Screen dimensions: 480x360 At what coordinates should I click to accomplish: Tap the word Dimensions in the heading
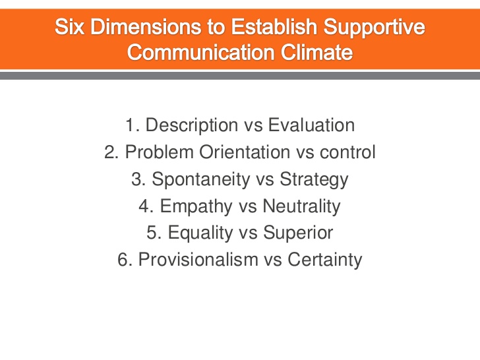click(146, 26)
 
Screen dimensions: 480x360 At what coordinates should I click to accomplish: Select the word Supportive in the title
click(374, 28)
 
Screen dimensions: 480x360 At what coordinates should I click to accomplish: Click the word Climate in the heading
click(316, 52)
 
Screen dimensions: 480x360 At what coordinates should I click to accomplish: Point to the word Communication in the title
click(200, 52)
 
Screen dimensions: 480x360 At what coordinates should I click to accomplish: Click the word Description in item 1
click(191, 126)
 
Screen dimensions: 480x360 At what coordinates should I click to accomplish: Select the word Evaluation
click(311, 125)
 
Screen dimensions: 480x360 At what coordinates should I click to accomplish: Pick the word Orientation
click(245, 152)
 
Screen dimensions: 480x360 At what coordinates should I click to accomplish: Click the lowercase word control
click(347, 152)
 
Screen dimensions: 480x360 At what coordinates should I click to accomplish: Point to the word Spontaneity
click(201, 180)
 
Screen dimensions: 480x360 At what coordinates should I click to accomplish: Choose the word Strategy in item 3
click(314, 180)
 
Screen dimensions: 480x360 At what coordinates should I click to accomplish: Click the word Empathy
click(196, 206)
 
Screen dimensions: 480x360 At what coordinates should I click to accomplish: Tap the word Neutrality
click(301, 206)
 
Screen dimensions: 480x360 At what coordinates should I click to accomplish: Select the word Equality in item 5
click(200, 233)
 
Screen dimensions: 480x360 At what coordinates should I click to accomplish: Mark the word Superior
click(298, 233)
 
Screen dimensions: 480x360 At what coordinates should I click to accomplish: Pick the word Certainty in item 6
click(324, 260)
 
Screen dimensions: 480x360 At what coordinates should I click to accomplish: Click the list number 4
click(144, 206)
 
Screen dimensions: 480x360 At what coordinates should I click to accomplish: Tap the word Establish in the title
click(274, 26)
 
